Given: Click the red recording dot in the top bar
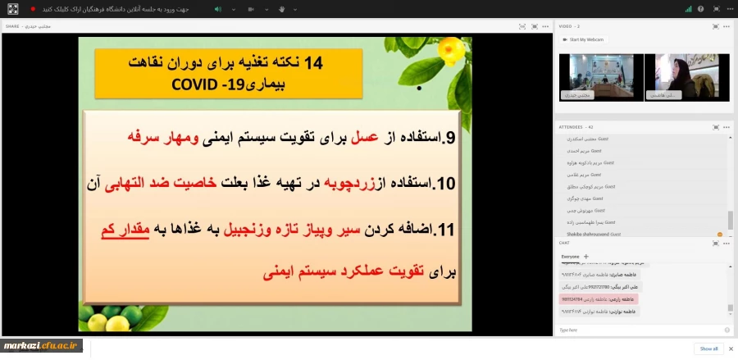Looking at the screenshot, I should [33, 9].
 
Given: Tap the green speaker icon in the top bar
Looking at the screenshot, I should [217, 9].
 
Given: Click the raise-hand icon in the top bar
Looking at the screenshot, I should [281, 9].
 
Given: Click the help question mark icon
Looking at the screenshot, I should [701, 9].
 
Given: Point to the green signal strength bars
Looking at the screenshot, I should [688, 9].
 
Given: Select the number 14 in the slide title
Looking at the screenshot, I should [314, 63].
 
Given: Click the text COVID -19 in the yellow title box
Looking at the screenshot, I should [209, 84].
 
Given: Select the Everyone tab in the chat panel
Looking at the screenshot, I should [569, 256].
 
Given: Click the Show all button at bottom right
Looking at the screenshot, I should [708, 349].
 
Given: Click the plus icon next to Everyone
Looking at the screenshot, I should [585, 256].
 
